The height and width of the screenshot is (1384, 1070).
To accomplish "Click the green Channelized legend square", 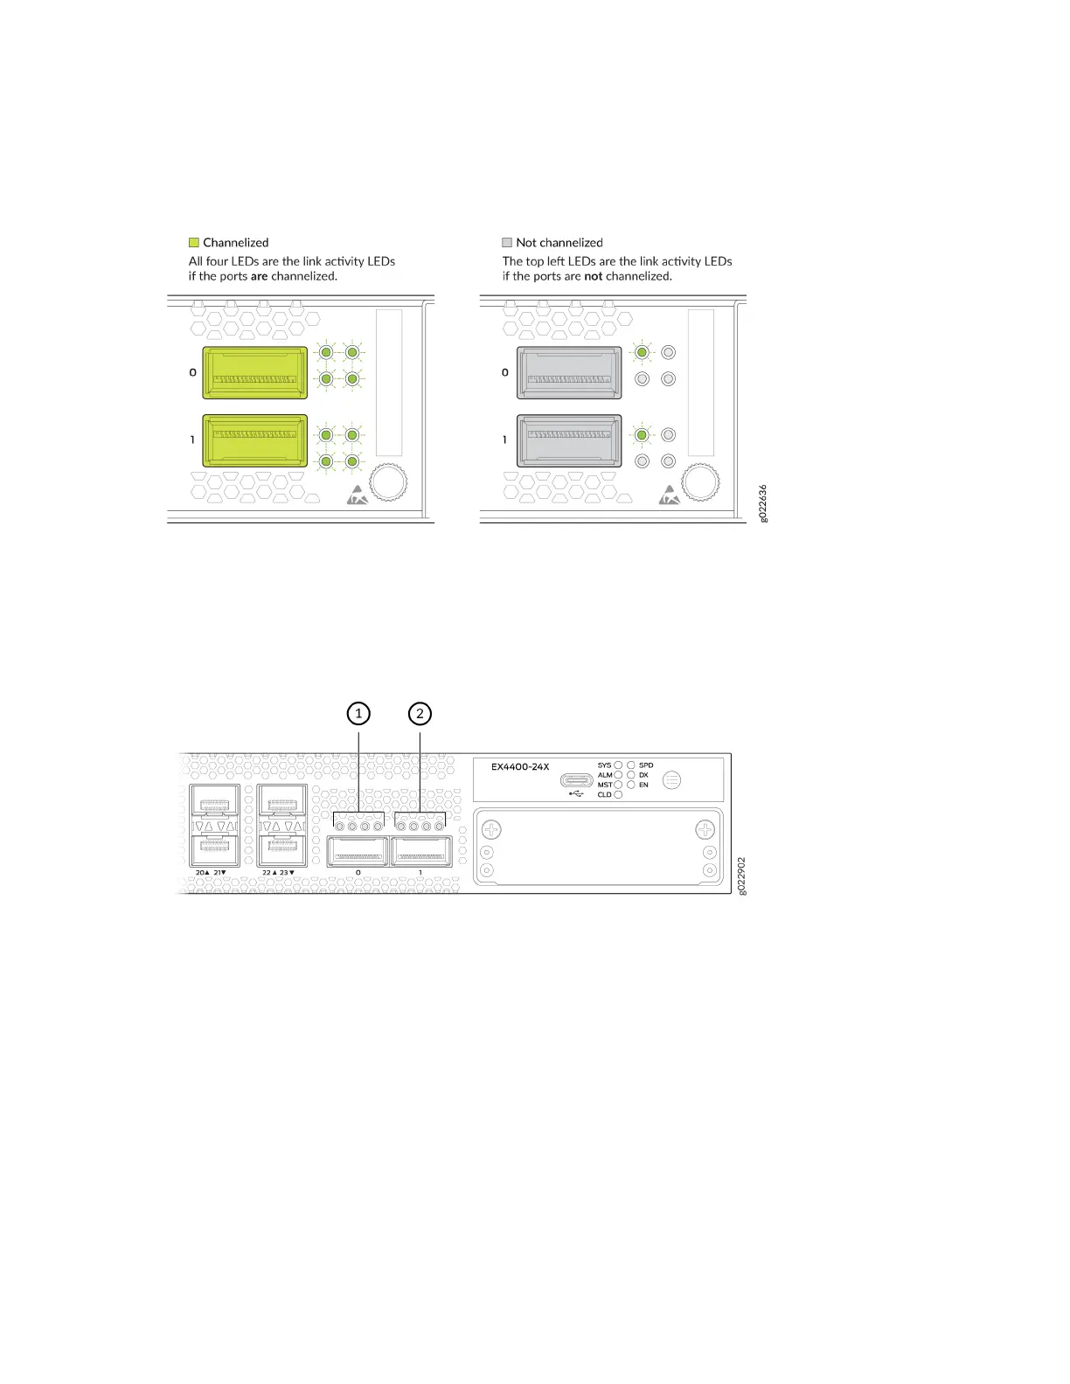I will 194,243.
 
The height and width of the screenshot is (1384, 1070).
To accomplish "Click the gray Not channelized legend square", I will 507,243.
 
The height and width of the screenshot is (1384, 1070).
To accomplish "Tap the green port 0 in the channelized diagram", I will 254,372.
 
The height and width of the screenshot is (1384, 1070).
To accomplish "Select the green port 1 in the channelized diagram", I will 254,440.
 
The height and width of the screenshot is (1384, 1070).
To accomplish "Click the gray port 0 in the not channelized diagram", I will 569,372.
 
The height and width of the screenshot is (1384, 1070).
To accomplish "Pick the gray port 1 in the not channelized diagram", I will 569,440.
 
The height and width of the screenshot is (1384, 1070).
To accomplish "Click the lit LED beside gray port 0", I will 642,352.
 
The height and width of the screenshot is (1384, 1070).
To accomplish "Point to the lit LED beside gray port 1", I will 642,434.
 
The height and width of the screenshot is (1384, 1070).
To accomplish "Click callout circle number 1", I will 358,714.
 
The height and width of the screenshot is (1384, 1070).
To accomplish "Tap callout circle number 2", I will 420,714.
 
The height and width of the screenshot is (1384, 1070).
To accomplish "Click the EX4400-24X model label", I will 520,767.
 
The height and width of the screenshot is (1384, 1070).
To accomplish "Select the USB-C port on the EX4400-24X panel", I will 578,780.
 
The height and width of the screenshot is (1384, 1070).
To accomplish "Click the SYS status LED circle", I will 618,765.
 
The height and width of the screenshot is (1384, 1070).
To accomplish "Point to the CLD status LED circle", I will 618,794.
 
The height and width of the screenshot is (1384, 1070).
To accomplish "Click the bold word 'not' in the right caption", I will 593,276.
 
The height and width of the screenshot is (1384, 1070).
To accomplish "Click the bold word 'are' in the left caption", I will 259,276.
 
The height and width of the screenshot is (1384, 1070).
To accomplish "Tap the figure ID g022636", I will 763,503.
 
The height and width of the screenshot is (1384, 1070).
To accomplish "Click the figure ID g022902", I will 741,875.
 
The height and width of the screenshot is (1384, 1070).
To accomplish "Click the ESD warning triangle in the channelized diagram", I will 358,495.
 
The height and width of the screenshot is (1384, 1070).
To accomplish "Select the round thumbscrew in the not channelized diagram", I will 700,481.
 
